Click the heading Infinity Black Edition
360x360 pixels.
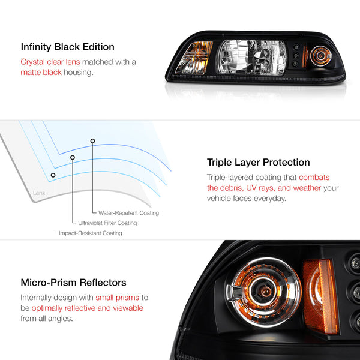pyautogui.click(x=67, y=47)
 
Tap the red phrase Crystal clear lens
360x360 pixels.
pyautogui.click(x=50, y=62)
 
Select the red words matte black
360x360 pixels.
pyautogui.click(x=41, y=73)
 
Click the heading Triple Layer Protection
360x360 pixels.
pyautogui.click(x=258, y=163)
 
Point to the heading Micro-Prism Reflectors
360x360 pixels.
pyautogui.click(x=73, y=283)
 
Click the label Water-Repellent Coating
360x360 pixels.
pyautogui.click(x=128, y=213)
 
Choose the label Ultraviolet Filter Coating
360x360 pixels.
pyautogui.click(x=107, y=223)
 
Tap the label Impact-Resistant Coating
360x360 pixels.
pyautogui.click(x=91, y=233)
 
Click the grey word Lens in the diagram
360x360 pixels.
pyautogui.click(x=39, y=193)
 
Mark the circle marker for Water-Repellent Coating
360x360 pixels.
pyautogui.click(x=92, y=141)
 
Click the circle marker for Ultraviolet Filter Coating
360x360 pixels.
pyautogui.click(x=73, y=157)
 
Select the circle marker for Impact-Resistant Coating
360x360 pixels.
pyautogui.click(x=53, y=175)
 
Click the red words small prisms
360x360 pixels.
pyautogui.click(x=118, y=298)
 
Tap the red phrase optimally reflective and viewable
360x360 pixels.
pyautogui.click(x=88, y=308)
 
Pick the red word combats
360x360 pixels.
pyautogui.click(x=314, y=178)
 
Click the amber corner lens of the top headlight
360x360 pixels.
pyautogui.click(x=194, y=58)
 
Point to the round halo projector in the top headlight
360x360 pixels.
pyautogui.click(x=320, y=56)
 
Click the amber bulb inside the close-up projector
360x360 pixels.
pyautogui.click(x=265, y=292)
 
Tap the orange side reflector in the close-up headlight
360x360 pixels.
pyautogui.click(x=321, y=296)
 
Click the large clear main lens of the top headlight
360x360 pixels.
pyautogui.click(x=252, y=57)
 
